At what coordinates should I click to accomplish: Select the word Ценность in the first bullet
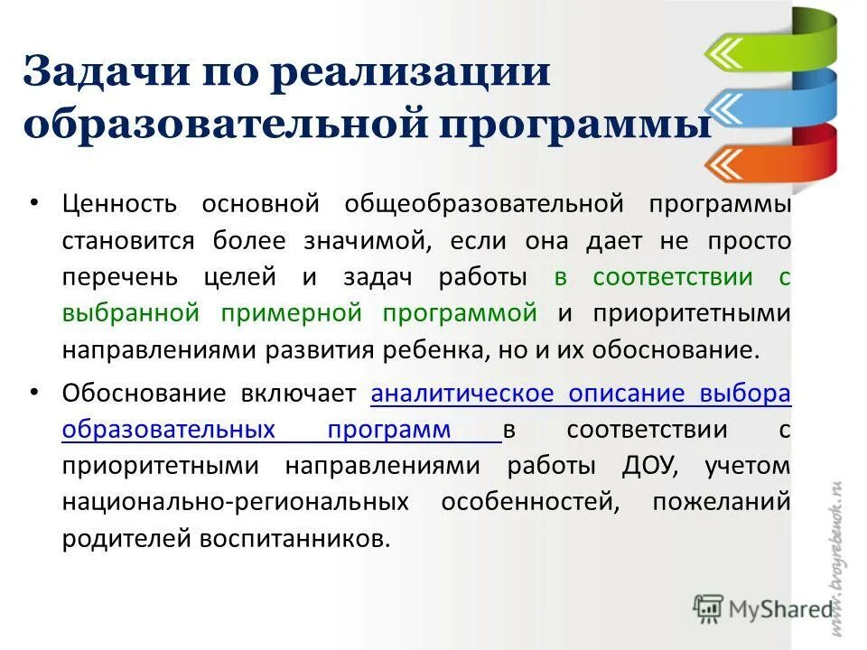click(x=120, y=204)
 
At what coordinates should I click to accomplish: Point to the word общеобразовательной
click(x=484, y=204)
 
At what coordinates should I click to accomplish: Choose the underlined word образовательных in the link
click(x=168, y=430)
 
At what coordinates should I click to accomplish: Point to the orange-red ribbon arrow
click(x=768, y=162)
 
